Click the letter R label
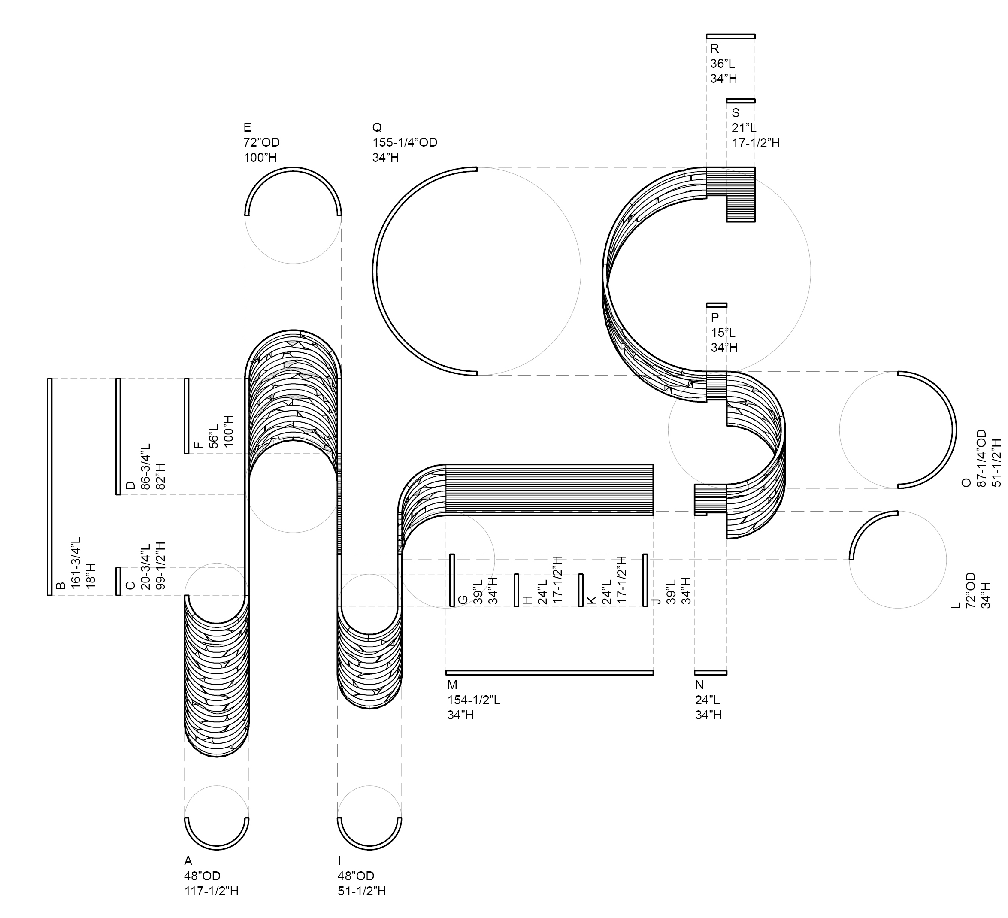click(714, 48)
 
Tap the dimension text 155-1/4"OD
click(405, 142)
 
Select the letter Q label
click(377, 127)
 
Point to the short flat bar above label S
click(741, 100)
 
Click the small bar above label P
click(717, 305)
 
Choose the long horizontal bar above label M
click(550, 673)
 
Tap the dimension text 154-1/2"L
click(473, 700)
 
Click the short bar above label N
click(711, 673)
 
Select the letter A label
click(188, 860)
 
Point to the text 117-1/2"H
click(211, 891)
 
